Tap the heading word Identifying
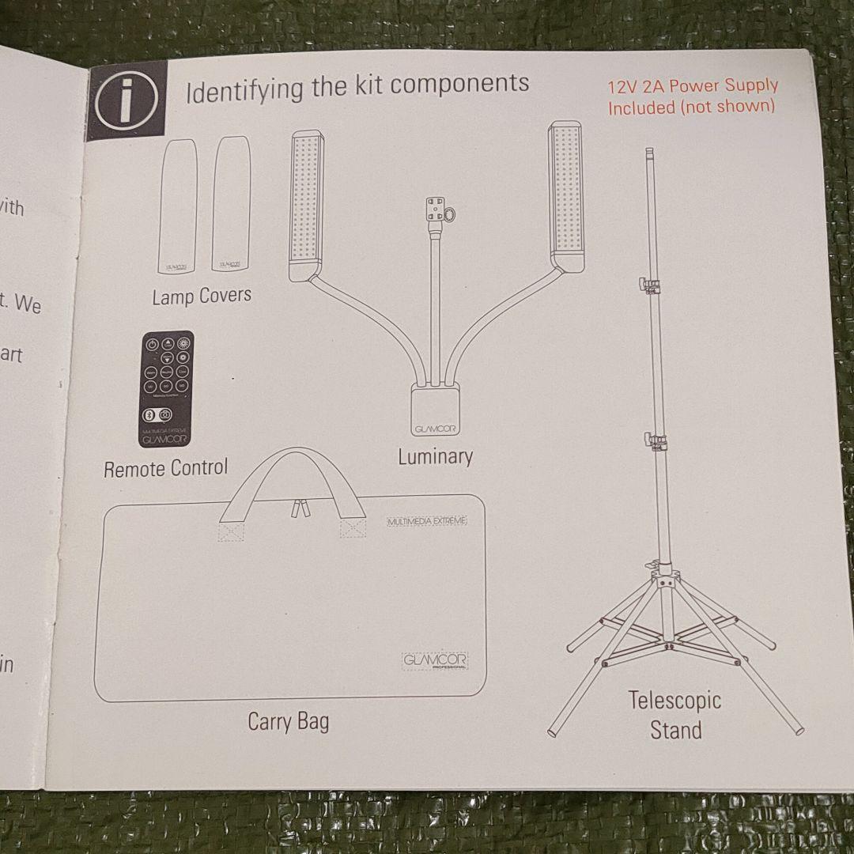[x=246, y=89]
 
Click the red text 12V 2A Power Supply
[x=693, y=85]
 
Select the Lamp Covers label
[x=202, y=296]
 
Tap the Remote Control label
[x=165, y=468]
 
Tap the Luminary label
[x=435, y=457]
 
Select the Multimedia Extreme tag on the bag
[x=427, y=520]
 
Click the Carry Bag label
[x=288, y=721]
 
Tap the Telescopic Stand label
[x=675, y=715]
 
